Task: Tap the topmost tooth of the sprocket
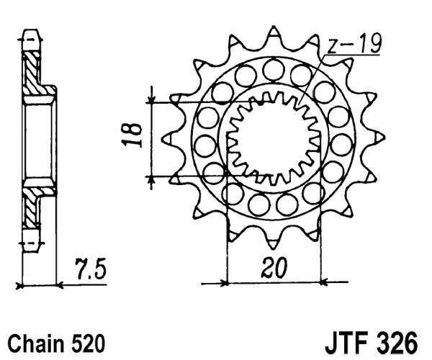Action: coord(274,34)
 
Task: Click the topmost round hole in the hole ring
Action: coord(273,70)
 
